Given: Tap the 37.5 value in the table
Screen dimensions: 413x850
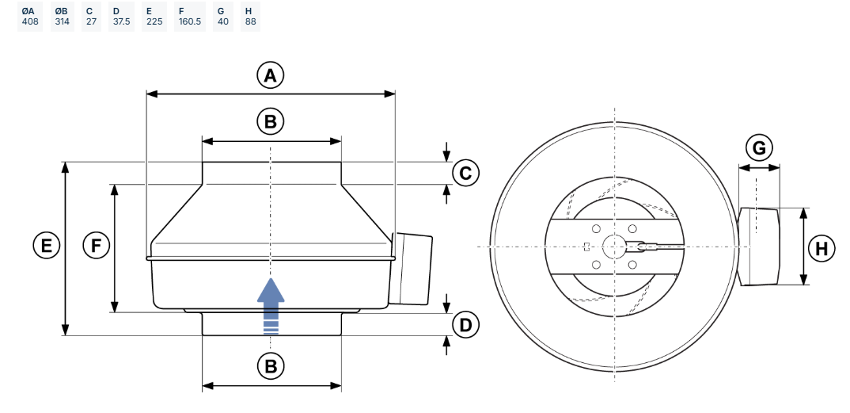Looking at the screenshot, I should pos(121,22).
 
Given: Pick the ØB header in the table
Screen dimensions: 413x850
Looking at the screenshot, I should pos(63,10).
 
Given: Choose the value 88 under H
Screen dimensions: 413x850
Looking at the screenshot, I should pos(249,22).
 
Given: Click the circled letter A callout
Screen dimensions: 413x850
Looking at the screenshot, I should pos(271,76).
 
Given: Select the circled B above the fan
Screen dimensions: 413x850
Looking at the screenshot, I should pos(271,122).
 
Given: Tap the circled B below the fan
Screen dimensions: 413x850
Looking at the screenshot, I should pos(271,366).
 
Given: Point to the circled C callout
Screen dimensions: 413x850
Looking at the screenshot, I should pos(465,173).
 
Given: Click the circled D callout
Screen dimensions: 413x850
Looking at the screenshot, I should pos(465,324).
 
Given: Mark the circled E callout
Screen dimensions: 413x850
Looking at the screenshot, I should pos(47,246).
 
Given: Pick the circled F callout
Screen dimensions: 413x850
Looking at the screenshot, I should pos(97,246).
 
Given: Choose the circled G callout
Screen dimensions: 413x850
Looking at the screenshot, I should pos(759,148).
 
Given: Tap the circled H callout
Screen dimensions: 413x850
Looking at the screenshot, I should pos(822,248).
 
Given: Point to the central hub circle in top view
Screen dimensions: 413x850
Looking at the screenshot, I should pos(614,247).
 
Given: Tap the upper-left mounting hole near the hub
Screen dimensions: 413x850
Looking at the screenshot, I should pos(597,229).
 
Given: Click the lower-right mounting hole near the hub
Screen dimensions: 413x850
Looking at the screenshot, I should pos(632,265).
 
